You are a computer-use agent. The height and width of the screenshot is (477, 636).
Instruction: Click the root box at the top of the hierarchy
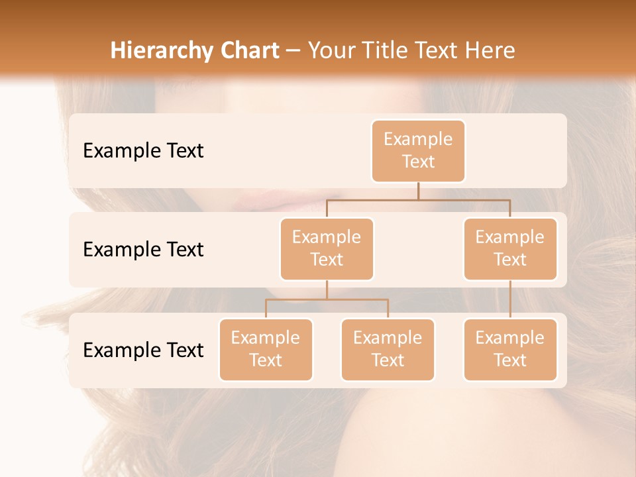tap(418, 150)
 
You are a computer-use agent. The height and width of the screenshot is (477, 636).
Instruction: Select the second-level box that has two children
tap(327, 248)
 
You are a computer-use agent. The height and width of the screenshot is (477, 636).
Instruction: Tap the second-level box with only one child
tap(510, 248)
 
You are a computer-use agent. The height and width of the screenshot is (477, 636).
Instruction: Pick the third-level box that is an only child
tap(510, 349)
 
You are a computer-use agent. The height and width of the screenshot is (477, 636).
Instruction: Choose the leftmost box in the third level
tap(266, 349)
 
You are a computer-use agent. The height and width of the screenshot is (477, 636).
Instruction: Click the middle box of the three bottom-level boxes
tap(388, 349)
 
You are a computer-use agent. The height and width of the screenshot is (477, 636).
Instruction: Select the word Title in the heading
tap(382, 51)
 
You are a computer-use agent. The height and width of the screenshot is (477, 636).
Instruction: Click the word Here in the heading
tap(491, 51)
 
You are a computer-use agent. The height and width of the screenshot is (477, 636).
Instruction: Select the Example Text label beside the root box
tap(143, 151)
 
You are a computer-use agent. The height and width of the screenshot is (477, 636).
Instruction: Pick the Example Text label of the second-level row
tap(143, 250)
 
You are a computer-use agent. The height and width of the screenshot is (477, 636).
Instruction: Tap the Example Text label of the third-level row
tap(143, 350)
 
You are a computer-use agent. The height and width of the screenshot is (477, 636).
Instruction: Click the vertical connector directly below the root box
tap(418, 190)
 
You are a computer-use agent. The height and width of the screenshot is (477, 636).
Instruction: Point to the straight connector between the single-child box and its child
tap(510, 299)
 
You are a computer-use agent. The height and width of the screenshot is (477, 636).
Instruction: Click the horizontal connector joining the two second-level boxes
tap(418, 199)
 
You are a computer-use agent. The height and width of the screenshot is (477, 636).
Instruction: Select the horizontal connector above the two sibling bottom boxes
tap(327, 299)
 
